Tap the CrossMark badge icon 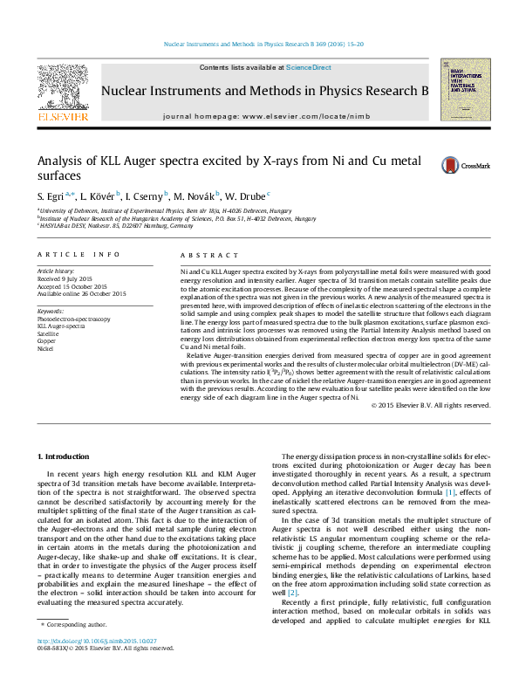click(450, 165)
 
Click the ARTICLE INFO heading click(79, 255)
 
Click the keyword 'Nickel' click(45, 349)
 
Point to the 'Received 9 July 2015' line click(67, 279)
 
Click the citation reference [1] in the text click(451, 518)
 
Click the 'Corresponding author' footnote click(79, 648)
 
